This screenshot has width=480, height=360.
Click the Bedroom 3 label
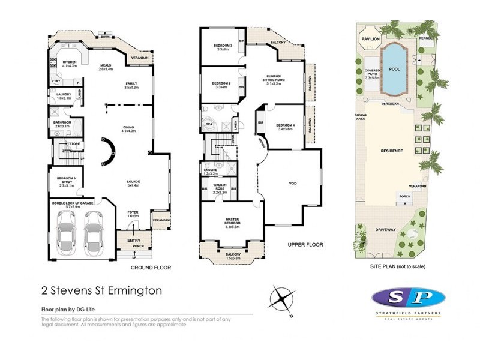[x=223, y=46]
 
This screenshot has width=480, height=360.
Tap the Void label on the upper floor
[x=293, y=183]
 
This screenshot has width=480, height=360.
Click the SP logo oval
[x=408, y=298]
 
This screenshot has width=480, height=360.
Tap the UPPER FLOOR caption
[x=305, y=245]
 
